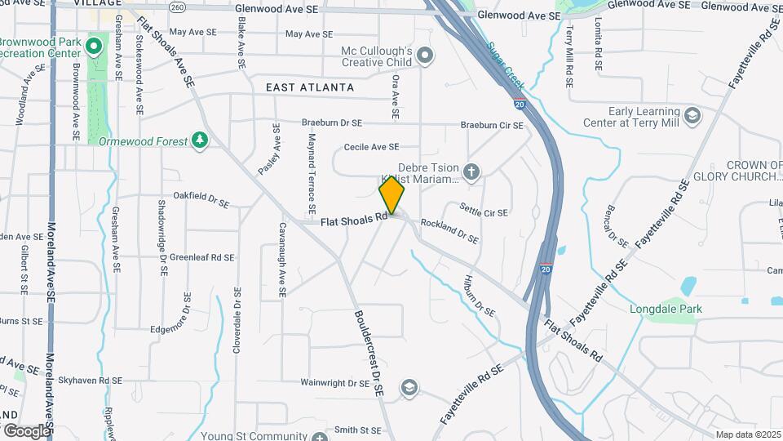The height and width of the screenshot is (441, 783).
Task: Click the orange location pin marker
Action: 391,194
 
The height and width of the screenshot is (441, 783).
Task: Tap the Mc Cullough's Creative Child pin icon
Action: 424,56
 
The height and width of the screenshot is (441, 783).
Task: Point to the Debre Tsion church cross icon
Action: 471,171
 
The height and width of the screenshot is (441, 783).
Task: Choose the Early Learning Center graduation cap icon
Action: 692,115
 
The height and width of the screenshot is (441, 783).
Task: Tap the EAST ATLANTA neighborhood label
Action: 310,87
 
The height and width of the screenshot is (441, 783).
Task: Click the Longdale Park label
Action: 666,309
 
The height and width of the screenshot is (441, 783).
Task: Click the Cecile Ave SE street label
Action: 371,147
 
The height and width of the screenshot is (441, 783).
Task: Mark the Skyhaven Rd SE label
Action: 90,381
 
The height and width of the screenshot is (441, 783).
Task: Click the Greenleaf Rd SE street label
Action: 201,257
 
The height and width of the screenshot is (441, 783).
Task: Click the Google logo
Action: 26,430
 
